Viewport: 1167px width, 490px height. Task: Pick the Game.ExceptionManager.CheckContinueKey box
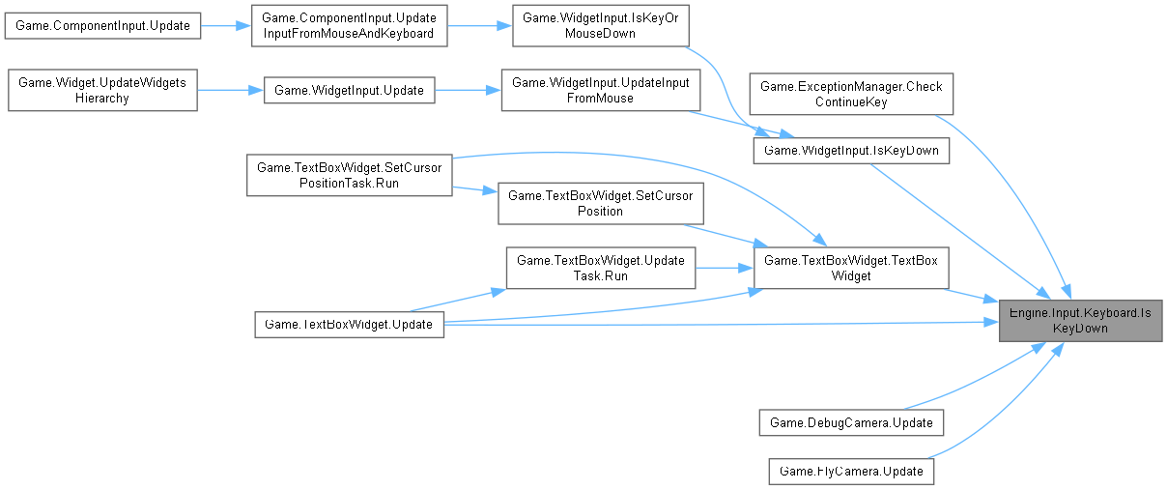[x=851, y=95]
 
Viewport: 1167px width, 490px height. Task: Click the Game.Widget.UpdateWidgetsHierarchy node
[x=103, y=90]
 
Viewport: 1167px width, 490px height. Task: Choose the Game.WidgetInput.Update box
[x=349, y=91]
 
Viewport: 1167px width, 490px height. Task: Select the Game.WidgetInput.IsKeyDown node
[x=851, y=151]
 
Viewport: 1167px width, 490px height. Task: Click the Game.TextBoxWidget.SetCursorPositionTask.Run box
[x=349, y=175]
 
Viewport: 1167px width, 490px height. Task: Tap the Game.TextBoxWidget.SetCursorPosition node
[x=600, y=203]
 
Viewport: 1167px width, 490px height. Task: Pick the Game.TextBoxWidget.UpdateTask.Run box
[x=600, y=268]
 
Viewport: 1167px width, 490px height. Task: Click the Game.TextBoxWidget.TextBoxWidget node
[x=851, y=268]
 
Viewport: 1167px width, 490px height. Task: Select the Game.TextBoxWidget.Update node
[x=349, y=325]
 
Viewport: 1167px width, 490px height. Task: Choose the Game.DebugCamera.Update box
[x=851, y=422]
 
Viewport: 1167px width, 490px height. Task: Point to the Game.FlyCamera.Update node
[x=851, y=472]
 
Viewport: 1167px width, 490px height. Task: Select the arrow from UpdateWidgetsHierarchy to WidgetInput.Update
[x=230, y=91]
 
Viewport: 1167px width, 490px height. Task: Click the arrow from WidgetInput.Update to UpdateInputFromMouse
[x=468, y=91]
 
